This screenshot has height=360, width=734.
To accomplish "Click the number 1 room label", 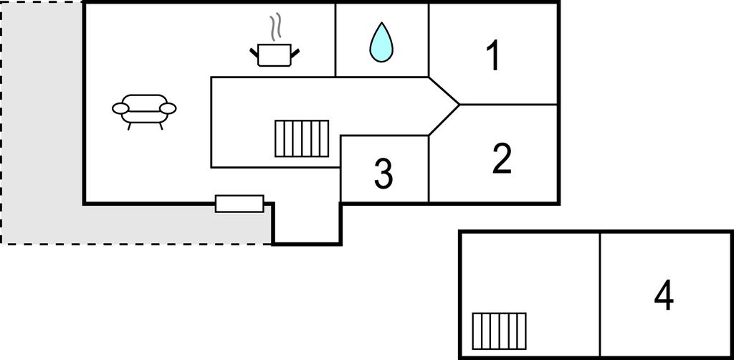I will coord(492,56).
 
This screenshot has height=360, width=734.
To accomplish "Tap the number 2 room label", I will coord(502,159).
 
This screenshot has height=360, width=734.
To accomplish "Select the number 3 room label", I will coord(383,174).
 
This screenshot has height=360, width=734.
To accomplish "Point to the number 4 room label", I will coord(664,295).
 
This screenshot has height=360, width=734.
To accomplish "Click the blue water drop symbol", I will coord(381,42).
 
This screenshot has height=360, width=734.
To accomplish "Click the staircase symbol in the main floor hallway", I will coord(302,138).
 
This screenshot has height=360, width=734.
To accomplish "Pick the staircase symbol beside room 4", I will coord(499,330).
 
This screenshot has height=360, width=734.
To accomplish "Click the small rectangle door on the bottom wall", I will coord(239,204).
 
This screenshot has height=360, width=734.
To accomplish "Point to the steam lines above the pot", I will coord(275,27).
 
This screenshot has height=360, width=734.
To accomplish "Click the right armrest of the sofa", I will coord(168,108).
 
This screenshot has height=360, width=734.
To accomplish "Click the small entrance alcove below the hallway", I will coord(307,223).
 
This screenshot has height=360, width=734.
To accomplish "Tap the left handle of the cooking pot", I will coord(254,50).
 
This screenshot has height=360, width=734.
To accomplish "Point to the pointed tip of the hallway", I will coord(457,105).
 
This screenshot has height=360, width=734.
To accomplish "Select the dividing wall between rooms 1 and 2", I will coord(509,105).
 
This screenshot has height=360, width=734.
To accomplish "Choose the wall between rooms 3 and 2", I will coord(429,169).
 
